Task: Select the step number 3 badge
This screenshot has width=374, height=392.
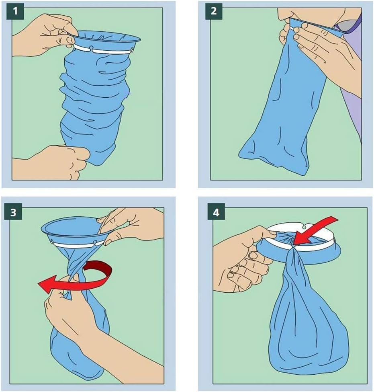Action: pos(13,212)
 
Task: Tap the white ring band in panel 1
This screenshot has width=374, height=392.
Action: pos(104,49)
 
